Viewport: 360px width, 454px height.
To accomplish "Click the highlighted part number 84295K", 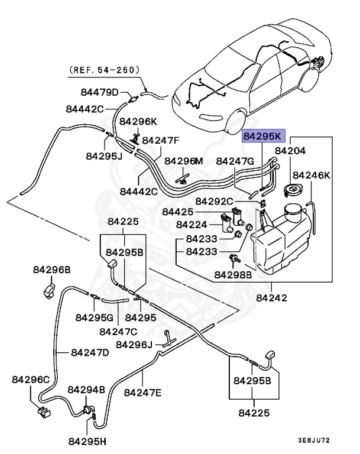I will coord(264,136).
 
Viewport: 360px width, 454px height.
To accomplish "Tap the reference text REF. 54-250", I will coord(105,69).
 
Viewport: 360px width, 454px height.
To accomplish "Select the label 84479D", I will coord(100,92).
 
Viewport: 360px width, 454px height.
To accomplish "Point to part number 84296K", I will coord(138,122).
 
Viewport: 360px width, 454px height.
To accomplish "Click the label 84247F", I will coord(161,141).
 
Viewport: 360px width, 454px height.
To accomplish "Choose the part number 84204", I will coord(290,151).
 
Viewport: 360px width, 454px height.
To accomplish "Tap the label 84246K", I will coord(312,175).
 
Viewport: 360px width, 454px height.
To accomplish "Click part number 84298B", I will coord(233,275).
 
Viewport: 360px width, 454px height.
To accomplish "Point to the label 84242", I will coord(272,298).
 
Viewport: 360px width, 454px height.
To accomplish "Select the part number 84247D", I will coord(90,352).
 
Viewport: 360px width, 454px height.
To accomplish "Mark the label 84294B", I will coord(86,390).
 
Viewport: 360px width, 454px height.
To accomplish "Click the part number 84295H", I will coord(86,442).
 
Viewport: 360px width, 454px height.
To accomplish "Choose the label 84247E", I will coord(142,392).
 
